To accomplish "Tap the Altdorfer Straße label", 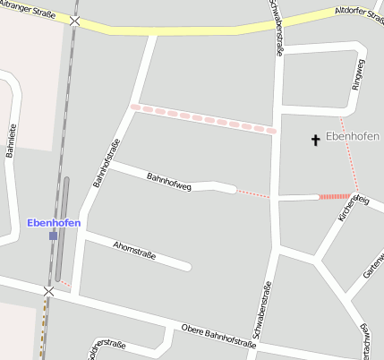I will point(358,13).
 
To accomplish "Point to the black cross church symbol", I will point(315,140).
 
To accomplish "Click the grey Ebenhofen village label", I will point(353,136).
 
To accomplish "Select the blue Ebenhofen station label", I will point(54,222).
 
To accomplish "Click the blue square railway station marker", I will point(53,236).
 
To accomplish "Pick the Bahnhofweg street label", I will point(169,180).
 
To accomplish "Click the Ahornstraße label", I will point(134,250).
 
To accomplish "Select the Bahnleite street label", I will point(12,140).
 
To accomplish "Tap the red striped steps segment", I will point(335,196).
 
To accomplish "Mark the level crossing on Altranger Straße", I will point(75,21).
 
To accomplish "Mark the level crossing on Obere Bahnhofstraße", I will point(48,291).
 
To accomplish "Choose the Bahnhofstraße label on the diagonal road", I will point(106,160).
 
